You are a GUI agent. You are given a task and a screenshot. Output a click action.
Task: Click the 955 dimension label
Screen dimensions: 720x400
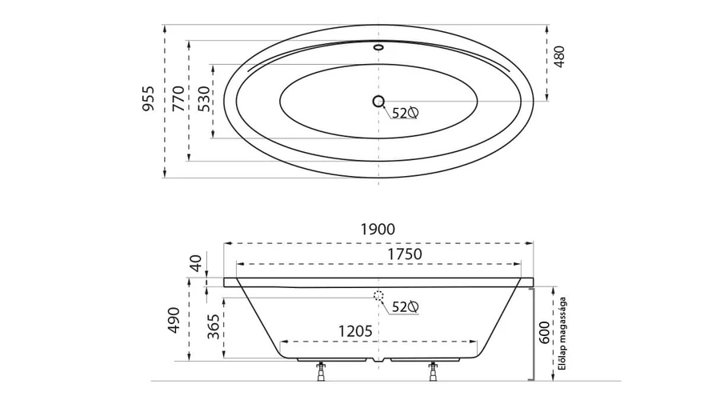pyautogui.click(x=148, y=98)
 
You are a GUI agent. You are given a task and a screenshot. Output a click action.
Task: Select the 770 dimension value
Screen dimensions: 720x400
pyautogui.click(x=178, y=98)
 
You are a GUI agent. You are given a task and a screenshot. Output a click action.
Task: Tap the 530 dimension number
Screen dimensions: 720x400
pyautogui.click(x=203, y=98)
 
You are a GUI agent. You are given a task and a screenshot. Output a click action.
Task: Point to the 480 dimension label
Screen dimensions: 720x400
pyautogui.click(x=559, y=57)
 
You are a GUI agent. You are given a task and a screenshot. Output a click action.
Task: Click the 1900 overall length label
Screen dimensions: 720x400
pyautogui.click(x=378, y=229)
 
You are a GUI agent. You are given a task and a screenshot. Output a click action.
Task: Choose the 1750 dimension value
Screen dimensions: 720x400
pyautogui.click(x=405, y=254)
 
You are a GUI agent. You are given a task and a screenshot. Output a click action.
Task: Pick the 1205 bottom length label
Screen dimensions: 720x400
pyautogui.click(x=355, y=331)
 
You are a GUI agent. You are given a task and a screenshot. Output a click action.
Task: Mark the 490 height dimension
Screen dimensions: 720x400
pyautogui.click(x=174, y=320)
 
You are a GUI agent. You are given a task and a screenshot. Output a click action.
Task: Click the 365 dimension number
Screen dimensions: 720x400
pyautogui.click(x=213, y=326)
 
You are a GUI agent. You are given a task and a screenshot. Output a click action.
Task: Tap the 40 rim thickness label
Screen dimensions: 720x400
pyautogui.click(x=196, y=264)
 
